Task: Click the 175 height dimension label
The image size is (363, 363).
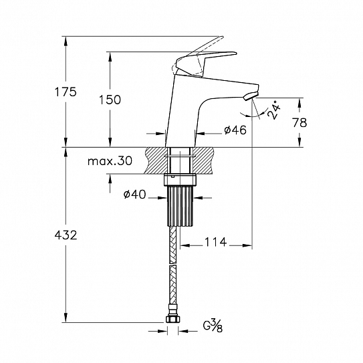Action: pyautogui.click(x=66, y=92)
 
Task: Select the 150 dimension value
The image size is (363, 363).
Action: pyautogui.click(x=110, y=100)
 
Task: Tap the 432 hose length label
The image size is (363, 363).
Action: pyautogui.click(x=66, y=235)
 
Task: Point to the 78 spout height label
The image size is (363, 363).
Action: pyautogui.click(x=299, y=122)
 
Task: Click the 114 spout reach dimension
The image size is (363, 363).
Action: pyautogui.click(x=215, y=242)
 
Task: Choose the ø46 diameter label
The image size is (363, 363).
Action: pyautogui.click(x=235, y=130)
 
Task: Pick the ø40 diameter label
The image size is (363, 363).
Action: pyautogui.click(x=135, y=195)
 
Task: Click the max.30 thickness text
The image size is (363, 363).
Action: pyautogui.click(x=110, y=160)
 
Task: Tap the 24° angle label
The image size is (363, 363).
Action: pyautogui.click(x=274, y=110)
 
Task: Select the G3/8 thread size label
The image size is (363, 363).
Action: pyautogui.click(x=213, y=326)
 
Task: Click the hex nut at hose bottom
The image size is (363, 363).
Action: pyautogui.click(x=172, y=319)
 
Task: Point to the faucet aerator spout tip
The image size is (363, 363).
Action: pyautogui.click(x=251, y=96)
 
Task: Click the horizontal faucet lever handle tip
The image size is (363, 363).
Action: pyautogui.click(x=234, y=53)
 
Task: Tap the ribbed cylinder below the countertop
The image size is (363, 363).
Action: pyautogui.click(x=180, y=206)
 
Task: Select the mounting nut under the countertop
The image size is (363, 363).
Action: pyautogui.click(x=180, y=180)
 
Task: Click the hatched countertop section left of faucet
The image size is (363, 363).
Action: pyautogui.click(x=156, y=160)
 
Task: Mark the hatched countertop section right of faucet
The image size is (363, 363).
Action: pyautogui.click(x=203, y=160)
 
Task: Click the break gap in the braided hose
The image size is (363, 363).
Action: pyautogui.click(x=172, y=264)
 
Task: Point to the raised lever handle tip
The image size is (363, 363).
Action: pyautogui.click(x=221, y=37)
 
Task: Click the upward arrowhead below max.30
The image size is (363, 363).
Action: pyautogui.click(x=110, y=178)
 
